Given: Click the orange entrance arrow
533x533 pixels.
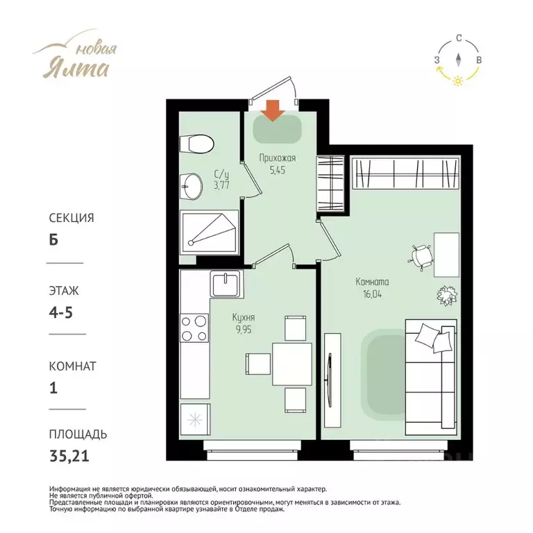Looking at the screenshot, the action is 273,110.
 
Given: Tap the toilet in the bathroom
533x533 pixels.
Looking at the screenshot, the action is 196,144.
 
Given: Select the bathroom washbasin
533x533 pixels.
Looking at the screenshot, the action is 191,186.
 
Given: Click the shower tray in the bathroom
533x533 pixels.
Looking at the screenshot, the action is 209,232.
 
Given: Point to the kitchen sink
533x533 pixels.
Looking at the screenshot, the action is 226,284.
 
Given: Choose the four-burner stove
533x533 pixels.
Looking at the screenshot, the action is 194,328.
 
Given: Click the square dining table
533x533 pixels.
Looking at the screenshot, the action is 292,364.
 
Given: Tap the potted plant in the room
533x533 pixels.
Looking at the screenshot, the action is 447,295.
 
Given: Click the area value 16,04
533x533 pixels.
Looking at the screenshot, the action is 372,294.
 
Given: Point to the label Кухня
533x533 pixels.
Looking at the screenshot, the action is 244,317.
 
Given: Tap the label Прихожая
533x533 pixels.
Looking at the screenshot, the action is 278,158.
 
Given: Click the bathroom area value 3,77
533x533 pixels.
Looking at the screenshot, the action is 221,185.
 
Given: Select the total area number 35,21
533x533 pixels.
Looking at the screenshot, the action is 69,456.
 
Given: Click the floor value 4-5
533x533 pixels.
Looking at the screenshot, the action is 61,312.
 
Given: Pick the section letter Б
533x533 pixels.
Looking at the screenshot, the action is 53,240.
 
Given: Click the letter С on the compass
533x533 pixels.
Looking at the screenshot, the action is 459,38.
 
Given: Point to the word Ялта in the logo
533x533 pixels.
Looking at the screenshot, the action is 76,69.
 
